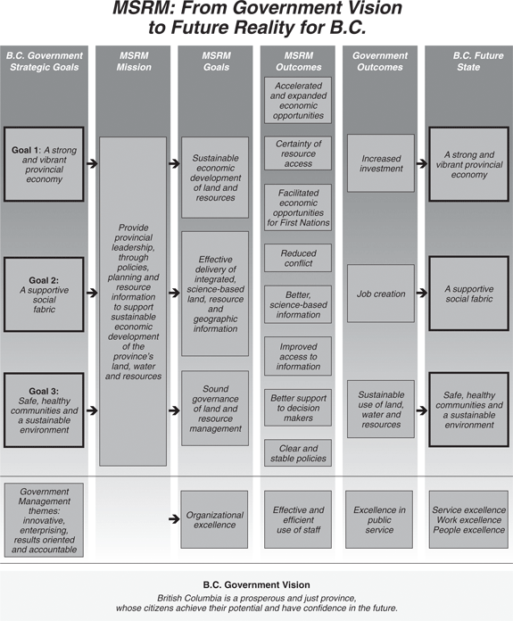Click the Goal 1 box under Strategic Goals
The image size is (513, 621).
(44, 164)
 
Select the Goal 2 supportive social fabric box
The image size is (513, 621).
(44, 294)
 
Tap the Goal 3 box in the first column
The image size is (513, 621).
(44, 410)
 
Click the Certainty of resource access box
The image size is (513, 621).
(298, 153)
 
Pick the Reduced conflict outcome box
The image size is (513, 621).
(298, 258)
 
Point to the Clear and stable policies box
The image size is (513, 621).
(298, 453)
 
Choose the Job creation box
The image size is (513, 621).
(381, 294)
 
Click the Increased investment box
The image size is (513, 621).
(381, 163)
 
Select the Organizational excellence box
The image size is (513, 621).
(214, 519)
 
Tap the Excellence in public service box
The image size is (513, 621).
(379, 519)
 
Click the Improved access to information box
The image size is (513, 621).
(298, 356)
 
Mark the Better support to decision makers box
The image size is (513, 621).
(298, 408)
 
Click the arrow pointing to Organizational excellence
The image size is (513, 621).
(174, 518)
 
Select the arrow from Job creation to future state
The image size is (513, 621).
(422, 293)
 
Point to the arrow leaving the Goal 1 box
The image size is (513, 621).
(92, 163)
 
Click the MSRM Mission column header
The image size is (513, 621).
(134, 62)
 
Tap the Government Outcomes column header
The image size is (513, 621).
(380, 62)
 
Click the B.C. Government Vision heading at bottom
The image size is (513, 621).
(256, 584)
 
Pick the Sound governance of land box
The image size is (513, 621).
(215, 409)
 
